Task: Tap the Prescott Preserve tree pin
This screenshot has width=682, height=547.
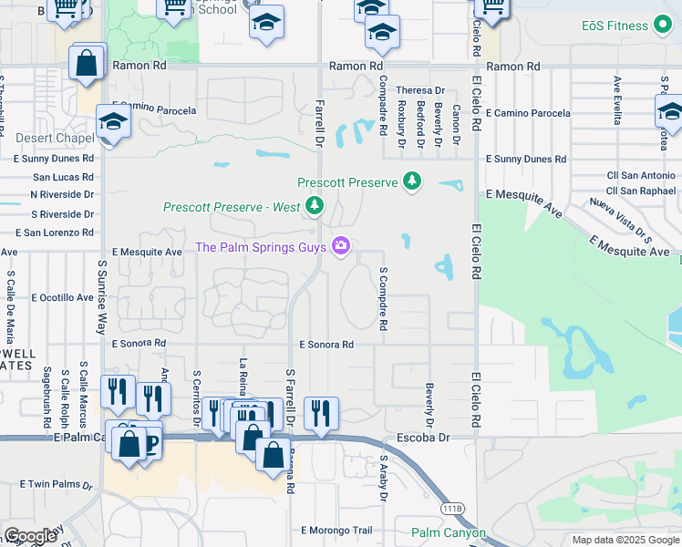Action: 413,181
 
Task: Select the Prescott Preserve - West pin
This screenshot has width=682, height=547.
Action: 315,206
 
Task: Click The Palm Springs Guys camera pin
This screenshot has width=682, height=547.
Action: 342,246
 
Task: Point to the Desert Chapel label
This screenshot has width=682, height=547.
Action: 55,139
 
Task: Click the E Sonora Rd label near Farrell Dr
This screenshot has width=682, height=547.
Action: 326,345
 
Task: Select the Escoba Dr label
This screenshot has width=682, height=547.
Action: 426,438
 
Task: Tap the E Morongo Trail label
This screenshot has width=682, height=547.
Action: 336,530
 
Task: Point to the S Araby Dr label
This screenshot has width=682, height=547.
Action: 384,478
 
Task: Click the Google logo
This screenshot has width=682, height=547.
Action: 29,536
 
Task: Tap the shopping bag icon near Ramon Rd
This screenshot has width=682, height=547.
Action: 87,64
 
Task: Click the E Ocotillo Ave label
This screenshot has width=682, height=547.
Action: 63,297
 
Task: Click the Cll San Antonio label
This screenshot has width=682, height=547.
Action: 641,175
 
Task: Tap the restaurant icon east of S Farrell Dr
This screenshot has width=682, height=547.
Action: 321,412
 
